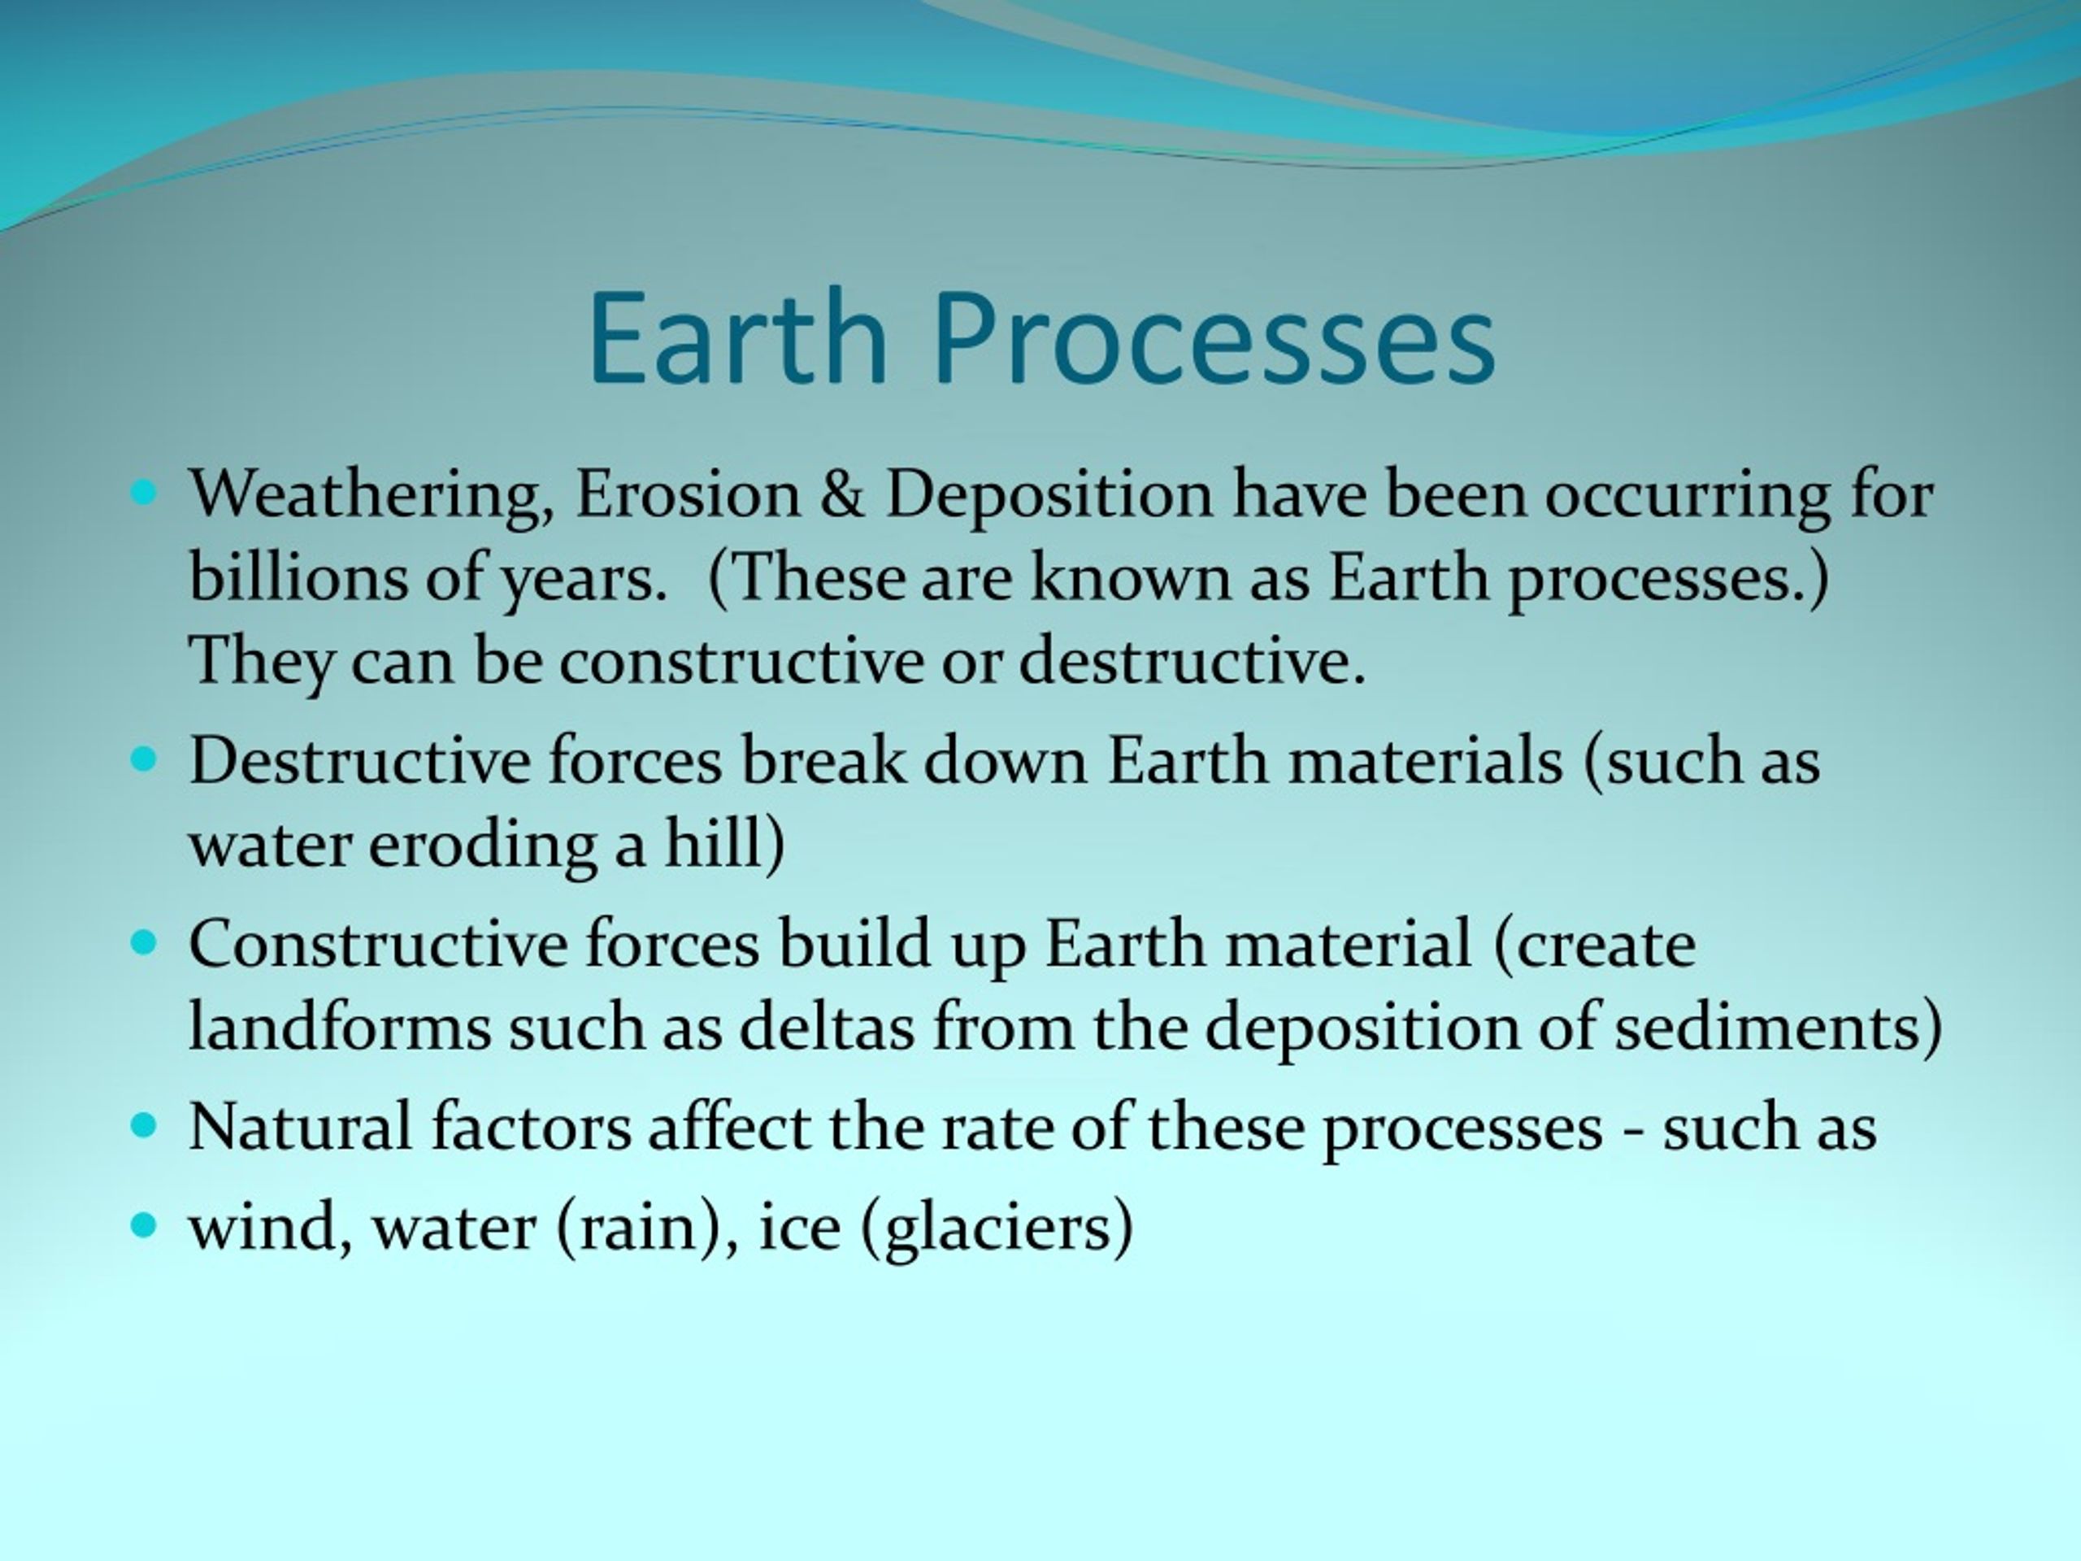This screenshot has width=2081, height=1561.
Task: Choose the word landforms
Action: coord(340,1024)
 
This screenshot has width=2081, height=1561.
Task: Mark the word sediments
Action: coord(1770,1024)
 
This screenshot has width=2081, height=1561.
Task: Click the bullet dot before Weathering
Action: coord(143,491)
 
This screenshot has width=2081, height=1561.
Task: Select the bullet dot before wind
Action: coord(143,1224)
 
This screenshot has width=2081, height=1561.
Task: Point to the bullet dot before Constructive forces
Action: coord(143,941)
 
